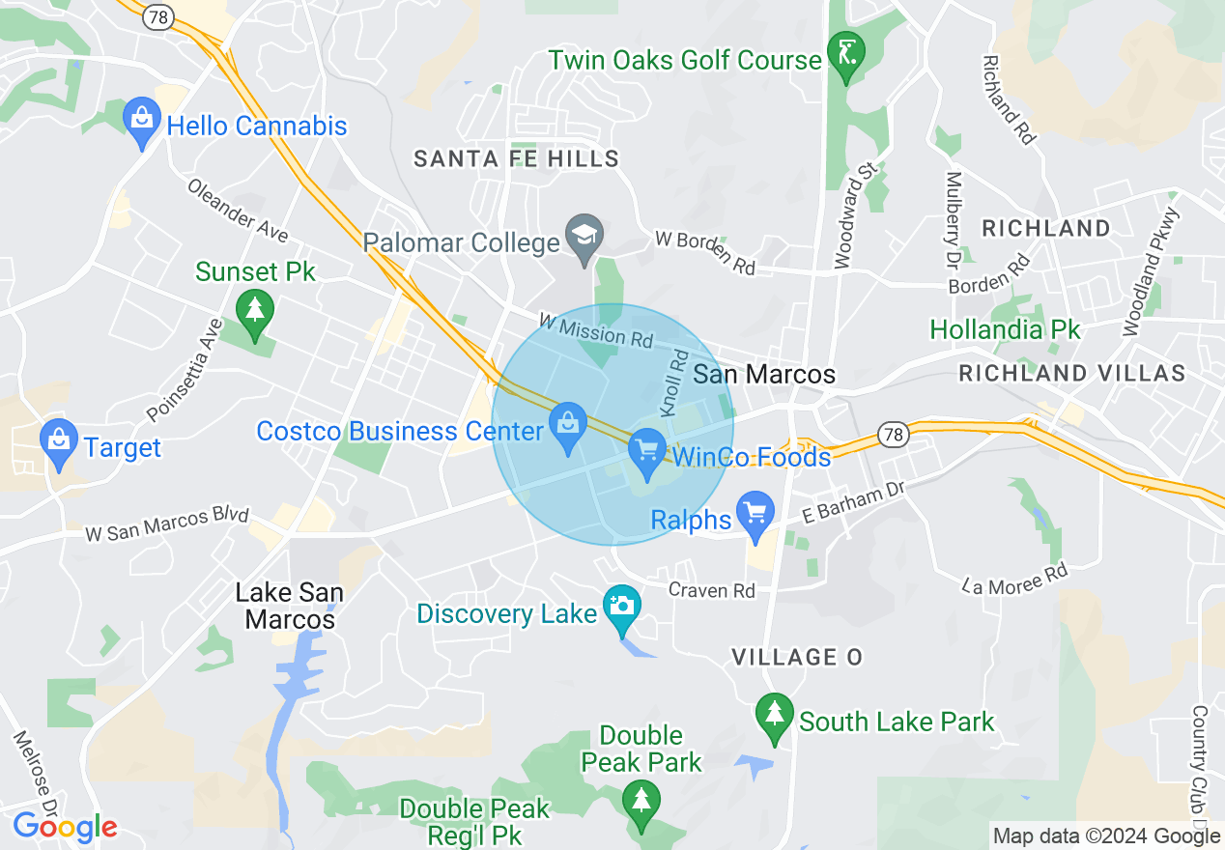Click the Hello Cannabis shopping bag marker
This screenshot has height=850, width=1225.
[143, 122]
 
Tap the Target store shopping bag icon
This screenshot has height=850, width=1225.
[60, 443]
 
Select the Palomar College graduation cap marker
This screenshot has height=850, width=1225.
[584, 238]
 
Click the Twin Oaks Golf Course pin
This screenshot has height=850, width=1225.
[846, 55]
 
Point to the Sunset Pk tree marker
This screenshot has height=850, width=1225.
[255, 312]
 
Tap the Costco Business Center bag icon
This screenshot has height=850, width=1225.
[568, 426]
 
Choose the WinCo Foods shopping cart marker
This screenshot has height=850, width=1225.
[647, 452]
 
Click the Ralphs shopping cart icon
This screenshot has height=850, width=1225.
[755, 514]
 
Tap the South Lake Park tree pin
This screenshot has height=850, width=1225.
[774, 717]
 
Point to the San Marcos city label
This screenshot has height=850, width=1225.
[764, 375]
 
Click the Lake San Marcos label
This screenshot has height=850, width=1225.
[290, 606]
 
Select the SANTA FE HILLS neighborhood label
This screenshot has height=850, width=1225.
[516, 159]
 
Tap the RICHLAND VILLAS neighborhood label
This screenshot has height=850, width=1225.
[1071, 373]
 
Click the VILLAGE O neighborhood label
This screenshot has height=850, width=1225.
[796, 658]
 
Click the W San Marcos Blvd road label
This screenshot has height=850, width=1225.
[167, 524]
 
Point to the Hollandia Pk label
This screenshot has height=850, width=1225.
[1005, 330]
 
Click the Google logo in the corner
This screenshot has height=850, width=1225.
[65, 827]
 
